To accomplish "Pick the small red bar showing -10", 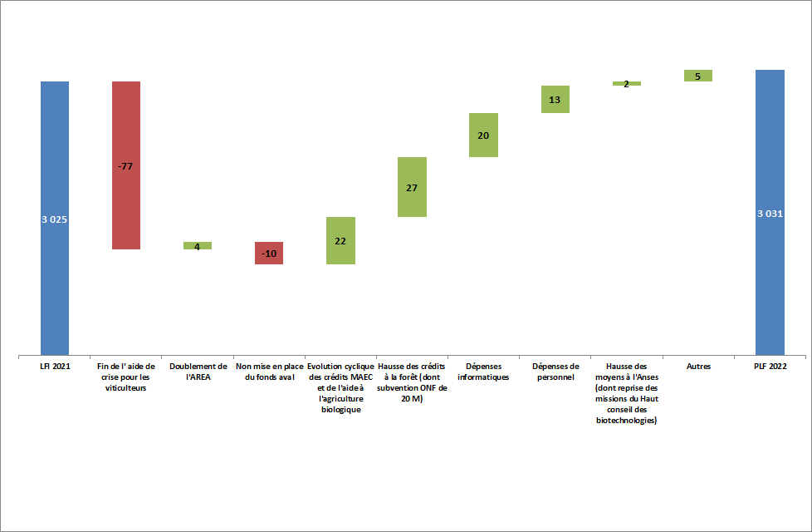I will [x=269, y=253].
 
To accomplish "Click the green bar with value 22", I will [x=340, y=240].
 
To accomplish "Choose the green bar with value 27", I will [x=412, y=187].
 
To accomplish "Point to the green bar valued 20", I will [x=483, y=135].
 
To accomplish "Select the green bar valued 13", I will [x=555, y=99].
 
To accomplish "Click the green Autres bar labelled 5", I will [x=697, y=76].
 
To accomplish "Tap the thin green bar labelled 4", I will [x=198, y=245].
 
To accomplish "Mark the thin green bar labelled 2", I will [x=626, y=83].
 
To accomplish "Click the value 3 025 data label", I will [x=55, y=219].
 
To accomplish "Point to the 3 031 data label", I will [x=770, y=214].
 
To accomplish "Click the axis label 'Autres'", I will [x=697, y=366].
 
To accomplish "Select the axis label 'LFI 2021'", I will [x=55, y=366].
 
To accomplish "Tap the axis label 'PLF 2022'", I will [x=770, y=366].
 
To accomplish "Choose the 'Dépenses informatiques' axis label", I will [x=483, y=371].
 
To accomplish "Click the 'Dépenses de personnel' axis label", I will [x=555, y=371].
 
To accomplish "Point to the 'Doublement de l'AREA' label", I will [x=198, y=371].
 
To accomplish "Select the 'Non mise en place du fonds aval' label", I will [x=269, y=371].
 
